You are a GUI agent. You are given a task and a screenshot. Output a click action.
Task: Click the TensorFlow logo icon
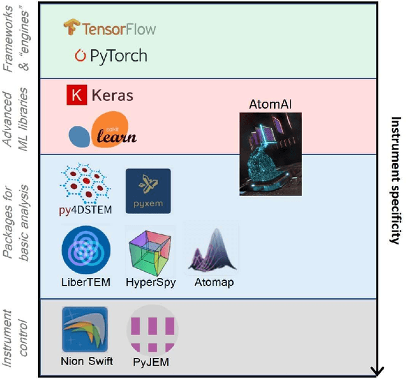[x=70, y=28]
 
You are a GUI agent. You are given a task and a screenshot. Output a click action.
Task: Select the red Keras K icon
[x=76, y=95]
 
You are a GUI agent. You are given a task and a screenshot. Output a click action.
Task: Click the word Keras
[x=112, y=96]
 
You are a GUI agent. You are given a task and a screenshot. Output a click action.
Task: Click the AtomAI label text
[x=271, y=104]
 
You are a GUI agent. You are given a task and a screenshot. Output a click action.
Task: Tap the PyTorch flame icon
[x=80, y=56]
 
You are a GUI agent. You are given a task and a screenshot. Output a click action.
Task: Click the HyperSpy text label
[x=150, y=282]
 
